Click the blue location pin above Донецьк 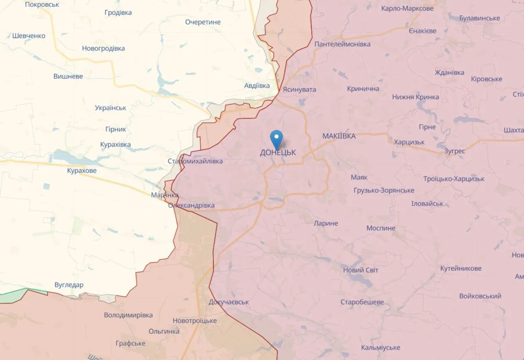point(276,138)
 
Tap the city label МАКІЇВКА point(339,136)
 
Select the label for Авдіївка point(257,86)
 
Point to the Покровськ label point(42,5)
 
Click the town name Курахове point(82,171)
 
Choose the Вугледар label point(69,285)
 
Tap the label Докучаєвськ point(229,302)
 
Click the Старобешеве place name point(362,302)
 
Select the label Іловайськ point(427,204)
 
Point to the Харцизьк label point(409,142)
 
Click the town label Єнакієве point(422,31)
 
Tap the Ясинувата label point(299,90)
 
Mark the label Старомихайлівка point(195,161)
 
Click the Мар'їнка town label point(165,195)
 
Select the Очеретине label point(203,22)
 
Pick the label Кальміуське point(380,348)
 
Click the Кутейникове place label point(461,268)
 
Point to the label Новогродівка point(103,49)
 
